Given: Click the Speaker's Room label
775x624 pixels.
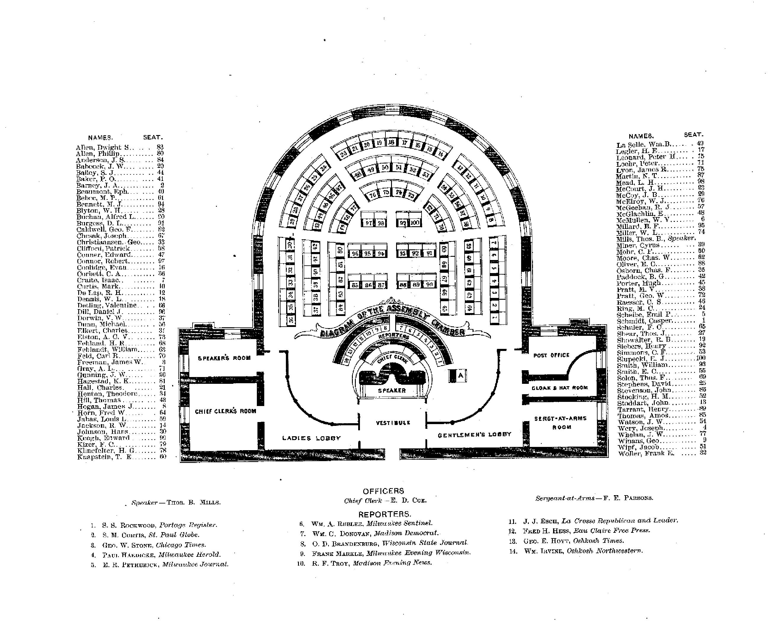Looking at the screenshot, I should [x=224, y=358].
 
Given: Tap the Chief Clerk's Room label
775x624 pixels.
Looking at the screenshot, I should [x=225, y=411].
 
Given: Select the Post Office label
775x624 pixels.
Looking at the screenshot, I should [x=551, y=355].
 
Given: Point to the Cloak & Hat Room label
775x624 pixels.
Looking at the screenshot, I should [x=560, y=387].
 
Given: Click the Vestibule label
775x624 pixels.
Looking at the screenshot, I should [x=393, y=423].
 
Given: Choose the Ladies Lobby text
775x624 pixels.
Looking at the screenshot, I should [x=311, y=438].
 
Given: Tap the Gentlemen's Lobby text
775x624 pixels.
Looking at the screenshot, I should [x=474, y=434].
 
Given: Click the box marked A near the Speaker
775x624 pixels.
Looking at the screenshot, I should [x=461, y=376].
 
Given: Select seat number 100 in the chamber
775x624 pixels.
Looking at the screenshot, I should [x=415, y=223].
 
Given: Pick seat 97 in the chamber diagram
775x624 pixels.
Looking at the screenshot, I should [x=368, y=223].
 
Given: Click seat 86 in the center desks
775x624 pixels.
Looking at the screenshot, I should [x=368, y=285].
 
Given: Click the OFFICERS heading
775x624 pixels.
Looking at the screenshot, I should [x=383, y=491].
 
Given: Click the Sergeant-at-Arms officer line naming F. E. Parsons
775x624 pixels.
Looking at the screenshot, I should [x=594, y=498].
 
